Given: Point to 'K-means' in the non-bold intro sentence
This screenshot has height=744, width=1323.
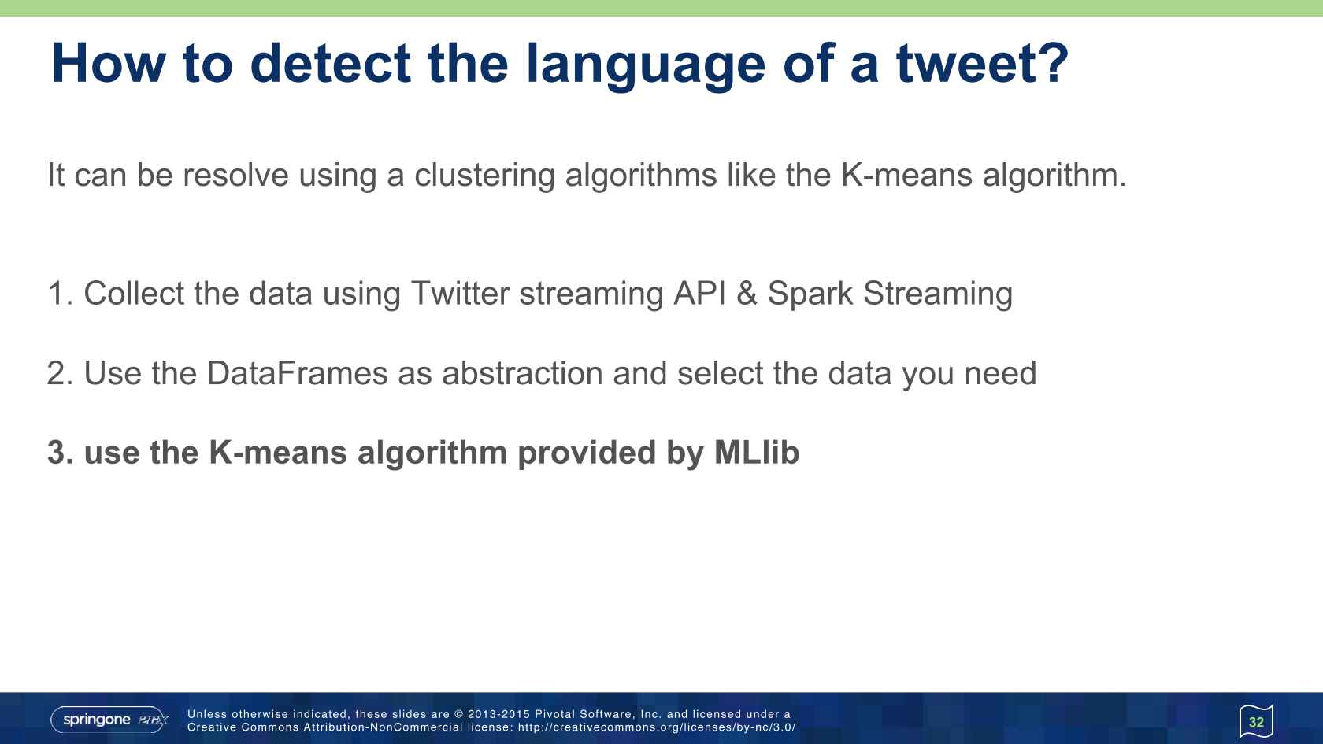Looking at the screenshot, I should click(x=906, y=175).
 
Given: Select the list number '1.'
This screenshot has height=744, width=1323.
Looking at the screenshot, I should click(x=60, y=294).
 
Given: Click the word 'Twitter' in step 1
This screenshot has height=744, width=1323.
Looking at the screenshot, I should click(x=459, y=294).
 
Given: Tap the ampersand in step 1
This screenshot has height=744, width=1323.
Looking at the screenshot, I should click(x=747, y=294).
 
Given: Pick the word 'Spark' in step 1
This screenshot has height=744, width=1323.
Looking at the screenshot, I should click(x=810, y=294).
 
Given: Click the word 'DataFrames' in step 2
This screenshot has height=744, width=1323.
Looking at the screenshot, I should click(x=297, y=373).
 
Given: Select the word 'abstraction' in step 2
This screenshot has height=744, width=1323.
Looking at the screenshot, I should click(x=522, y=373).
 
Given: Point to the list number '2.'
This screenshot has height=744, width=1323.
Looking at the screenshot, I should click(x=60, y=373).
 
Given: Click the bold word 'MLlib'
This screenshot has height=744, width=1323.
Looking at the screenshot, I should click(x=756, y=453).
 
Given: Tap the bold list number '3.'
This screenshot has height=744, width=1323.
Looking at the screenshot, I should click(x=60, y=453).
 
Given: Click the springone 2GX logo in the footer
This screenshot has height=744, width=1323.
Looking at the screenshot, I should click(x=110, y=720).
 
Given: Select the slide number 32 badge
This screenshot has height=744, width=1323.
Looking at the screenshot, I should click(x=1256, y=721).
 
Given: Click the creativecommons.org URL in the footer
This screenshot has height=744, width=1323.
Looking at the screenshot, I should click(x=656, y=727).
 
